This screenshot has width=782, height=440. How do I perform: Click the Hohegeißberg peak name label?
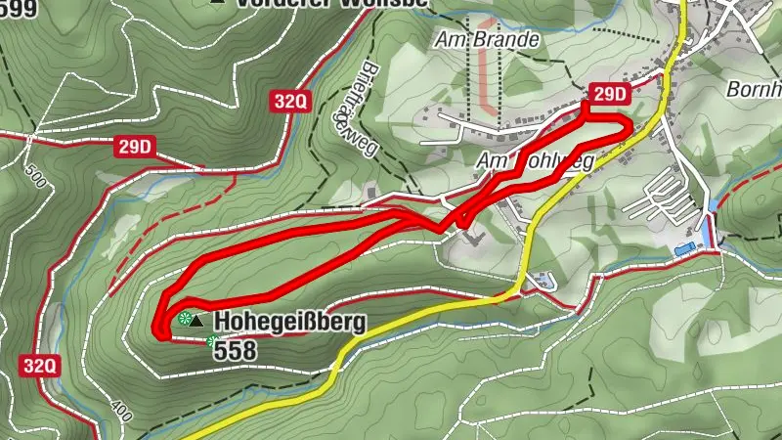[x=289, y=321]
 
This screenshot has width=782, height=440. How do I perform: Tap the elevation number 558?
[x=235, y=349]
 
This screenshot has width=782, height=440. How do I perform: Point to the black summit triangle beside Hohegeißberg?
[x=199, y=320]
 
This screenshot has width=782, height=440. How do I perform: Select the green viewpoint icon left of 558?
[x=212, y=340]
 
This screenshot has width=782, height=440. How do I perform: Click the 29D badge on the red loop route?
[x=609, y=94]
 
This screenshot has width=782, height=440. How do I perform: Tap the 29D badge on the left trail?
[x=135, y=148]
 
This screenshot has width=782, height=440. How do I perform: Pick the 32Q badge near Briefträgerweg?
[x=291, y=100]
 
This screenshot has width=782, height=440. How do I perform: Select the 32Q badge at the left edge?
[x=40, y=366]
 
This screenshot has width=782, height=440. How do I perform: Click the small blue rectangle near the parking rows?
[x=683, y=250]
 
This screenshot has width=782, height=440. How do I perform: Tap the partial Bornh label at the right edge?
[x=754, y=90]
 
